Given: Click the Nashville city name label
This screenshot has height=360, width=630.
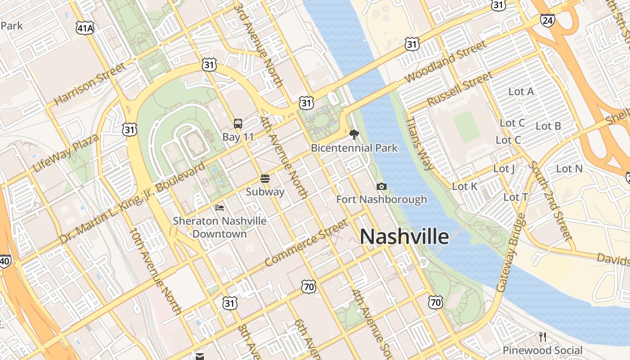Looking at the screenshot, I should [404, 237].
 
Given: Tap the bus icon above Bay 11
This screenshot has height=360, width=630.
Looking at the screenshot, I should [238, 123].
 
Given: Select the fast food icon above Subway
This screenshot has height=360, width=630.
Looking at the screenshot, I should [265, 179].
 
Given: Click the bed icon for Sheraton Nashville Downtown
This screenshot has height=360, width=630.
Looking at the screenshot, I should [220, 207].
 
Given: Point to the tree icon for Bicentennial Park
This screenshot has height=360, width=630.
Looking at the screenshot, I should [354, 134].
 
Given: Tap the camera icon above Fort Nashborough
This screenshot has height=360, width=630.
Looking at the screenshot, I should [382, 186].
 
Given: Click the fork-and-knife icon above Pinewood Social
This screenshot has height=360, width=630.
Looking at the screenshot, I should [543, 337].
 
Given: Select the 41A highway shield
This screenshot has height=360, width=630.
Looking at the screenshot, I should [85, 29].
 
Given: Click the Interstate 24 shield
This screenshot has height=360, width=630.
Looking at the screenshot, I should [548, 20].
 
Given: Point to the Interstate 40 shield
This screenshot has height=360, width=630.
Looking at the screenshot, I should [4, 261].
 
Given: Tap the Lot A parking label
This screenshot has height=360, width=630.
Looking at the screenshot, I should [521, 92].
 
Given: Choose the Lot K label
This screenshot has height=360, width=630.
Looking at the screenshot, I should [465, 186].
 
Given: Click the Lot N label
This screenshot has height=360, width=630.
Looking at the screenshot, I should [569, 169].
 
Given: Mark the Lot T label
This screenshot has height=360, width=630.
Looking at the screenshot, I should [516, 197].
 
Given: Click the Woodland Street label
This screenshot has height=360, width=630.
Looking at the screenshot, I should [445, 62].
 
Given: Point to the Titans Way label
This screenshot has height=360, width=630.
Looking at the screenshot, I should [420, 144].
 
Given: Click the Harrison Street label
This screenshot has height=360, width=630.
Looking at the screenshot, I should [90, 85].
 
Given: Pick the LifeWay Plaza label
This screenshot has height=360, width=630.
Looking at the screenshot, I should [65, 153].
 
